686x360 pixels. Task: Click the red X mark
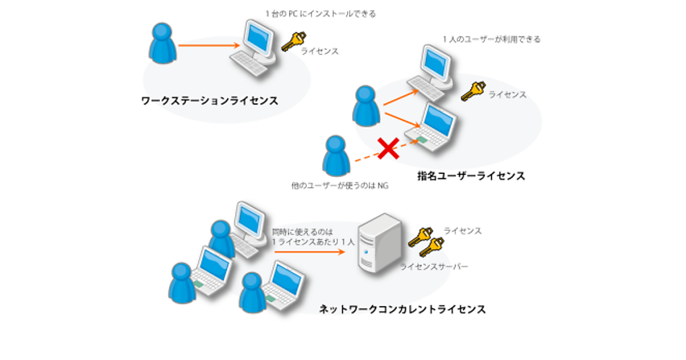pyautogui.click(x=388, y=149)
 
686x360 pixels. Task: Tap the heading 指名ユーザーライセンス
pyautogui.click(x=471, y=176)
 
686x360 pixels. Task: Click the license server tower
pyautogui.click(x=378, y=243)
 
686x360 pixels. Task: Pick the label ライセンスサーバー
pyautogui.click(x=434, y=267)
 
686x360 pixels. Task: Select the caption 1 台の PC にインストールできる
pyautogui.click(x=321, y=14)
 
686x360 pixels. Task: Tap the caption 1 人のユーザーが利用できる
pyautogui.click(x=492, y=39)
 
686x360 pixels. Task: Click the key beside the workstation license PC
pyautogui.click(x=294, y=41)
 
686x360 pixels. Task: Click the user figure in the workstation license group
pyautogui.click(x=163, y=43)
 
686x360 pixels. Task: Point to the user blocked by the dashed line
pyautogui.click(x=334, y=155)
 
